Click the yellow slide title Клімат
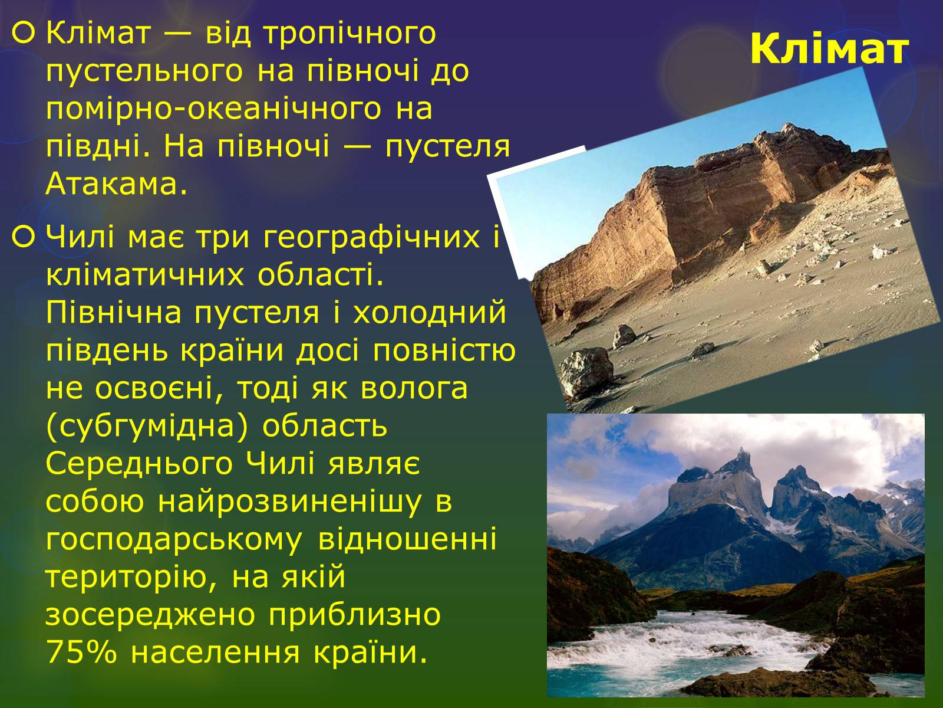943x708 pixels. [x=830, y=49]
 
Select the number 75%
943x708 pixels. [x=81, y=653]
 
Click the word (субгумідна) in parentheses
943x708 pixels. [x=147, y=427]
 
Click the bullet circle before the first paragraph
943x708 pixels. [x=24, y=34]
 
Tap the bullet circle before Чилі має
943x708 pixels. [x=24, y=237]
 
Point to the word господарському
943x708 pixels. [x=174, y=540]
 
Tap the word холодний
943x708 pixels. [x=429, y=313]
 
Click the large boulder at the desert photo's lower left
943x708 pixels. [x=587, y=371]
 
